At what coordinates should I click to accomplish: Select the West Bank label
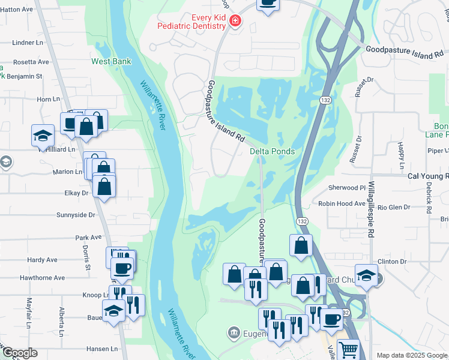pyautogui.click(x=111, y=61)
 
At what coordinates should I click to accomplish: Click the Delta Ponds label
pyautogui.click(x=273, y=151)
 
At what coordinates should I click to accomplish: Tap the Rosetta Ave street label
pyautogui.click(x=31, y=62)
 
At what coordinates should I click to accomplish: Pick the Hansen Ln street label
pyautogui.click(x=103, y=349)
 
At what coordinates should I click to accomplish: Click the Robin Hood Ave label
pyautogui.click(x=342, y=204)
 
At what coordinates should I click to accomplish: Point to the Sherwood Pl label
pyautogui.click(x=347, y=187)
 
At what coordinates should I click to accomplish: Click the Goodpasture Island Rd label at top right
pyautogui.click(x=408, y=52)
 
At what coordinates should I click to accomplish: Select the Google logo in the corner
pyautogui.click(x=20, y=353)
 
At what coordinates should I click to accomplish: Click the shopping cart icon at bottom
pyautogui.click(x=348, y=349)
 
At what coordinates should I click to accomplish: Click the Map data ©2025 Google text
pyautogui.click(x=412, y=355)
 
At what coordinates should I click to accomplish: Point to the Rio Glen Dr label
pyautogui.click(x=390, y=207)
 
